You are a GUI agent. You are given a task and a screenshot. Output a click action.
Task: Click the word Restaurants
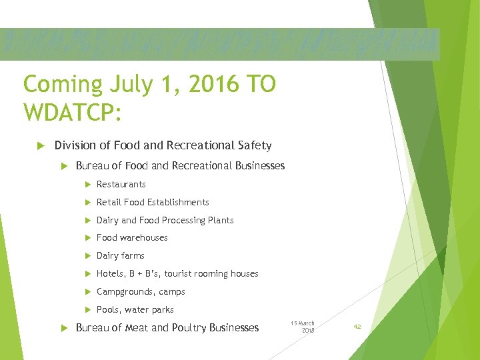point(121,184)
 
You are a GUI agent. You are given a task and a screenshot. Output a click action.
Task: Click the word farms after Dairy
point(133,255)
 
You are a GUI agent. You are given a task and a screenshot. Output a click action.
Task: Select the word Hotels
point(111,273)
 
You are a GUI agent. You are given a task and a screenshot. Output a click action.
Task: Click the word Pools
point(108,309)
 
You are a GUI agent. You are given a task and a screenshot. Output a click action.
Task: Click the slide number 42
point(357,327)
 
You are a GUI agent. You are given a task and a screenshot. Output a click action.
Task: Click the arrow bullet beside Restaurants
point(87,184)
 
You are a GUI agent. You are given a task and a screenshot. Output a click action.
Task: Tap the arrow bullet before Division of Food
point(39,145)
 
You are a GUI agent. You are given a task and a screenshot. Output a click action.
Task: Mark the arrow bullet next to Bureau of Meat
point(64,327)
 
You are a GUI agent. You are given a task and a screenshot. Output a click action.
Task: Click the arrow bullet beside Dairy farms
point(87,255)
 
